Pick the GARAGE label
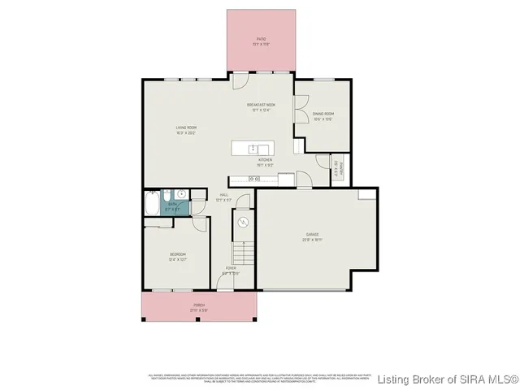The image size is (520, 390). pos(312,236)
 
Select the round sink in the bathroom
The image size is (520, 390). pos(181,195)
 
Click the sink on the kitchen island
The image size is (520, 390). pos(253,148)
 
